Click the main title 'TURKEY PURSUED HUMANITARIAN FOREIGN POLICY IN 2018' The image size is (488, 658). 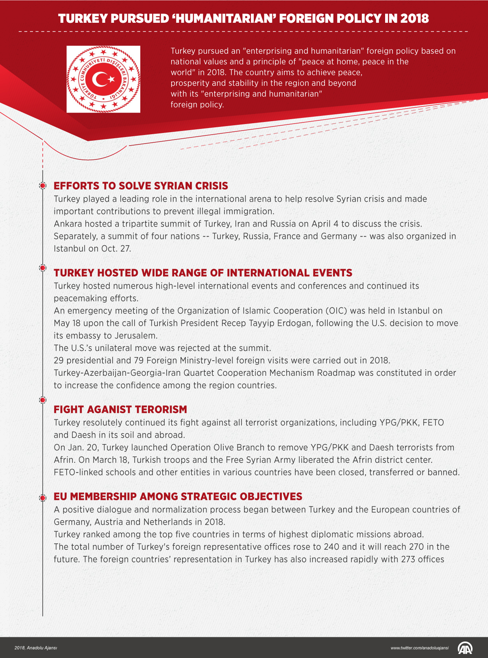coord(243,19)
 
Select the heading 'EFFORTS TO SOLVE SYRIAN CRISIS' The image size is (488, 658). coord(141,186)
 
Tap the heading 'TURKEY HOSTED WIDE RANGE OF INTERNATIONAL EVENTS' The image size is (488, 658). coord(203,273)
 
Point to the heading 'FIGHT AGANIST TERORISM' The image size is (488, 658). coord(120,410)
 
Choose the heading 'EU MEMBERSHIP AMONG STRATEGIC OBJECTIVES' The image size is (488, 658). coord(178,497)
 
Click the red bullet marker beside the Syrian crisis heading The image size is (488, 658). coord(42,186)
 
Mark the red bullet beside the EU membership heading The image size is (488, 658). coord(42,498)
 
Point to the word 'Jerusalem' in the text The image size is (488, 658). coord(136,336)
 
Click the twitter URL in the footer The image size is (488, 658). coord(419,648)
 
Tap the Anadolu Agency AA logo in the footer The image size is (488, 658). coord(465,647)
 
